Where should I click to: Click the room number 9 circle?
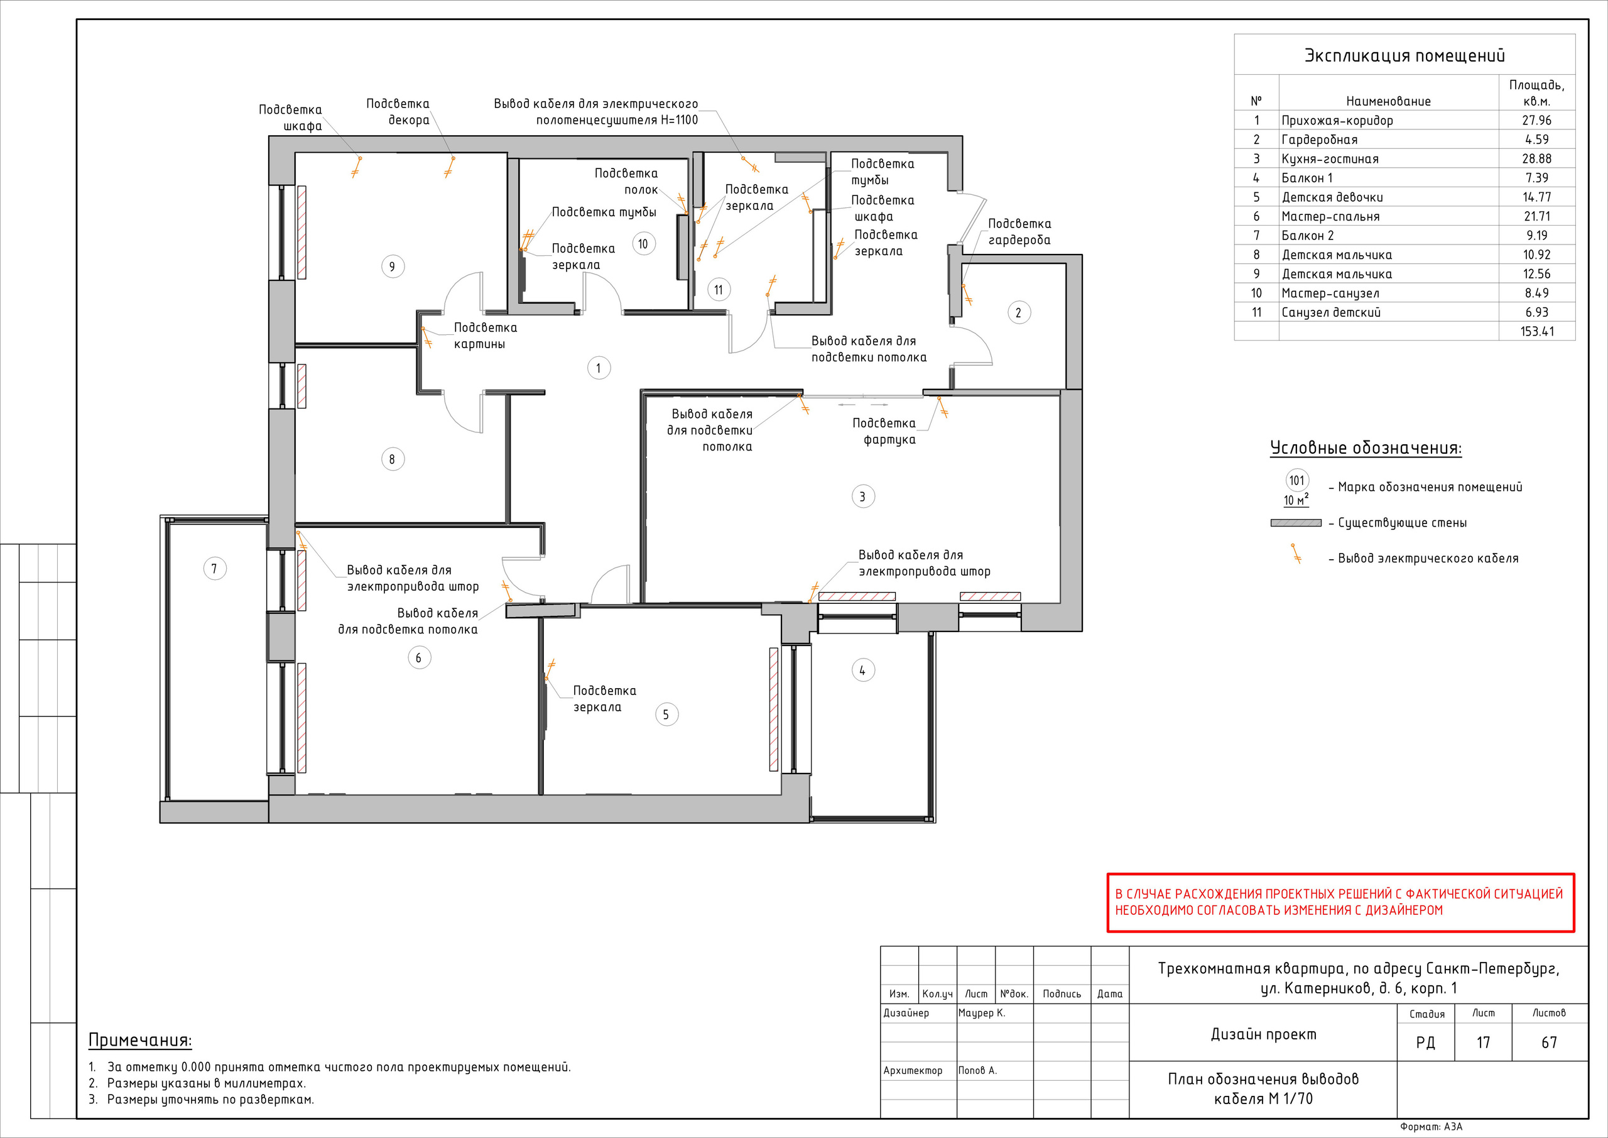click(392, 266)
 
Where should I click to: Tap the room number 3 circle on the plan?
click(863, 497)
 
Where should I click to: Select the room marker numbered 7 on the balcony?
click(214, 568)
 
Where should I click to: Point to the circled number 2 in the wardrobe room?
click(1018, 312)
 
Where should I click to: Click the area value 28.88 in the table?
click(1536, 159)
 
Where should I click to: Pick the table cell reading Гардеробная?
click(1320, 140)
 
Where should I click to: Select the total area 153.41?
click(1536, 331)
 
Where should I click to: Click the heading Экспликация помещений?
click(1404, 56)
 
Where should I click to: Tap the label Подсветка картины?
click(486, 336)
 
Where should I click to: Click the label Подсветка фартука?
click(884, 432)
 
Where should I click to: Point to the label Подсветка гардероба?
click(1019, 232)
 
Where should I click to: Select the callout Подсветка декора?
click(398, 112)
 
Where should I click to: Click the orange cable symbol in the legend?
click(1296, 554)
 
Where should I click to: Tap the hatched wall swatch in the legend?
click(1296, 523)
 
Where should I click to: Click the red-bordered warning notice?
click(1340, 902)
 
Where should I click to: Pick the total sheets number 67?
click(1549, 1042)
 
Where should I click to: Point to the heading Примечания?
click(140, 1041)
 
